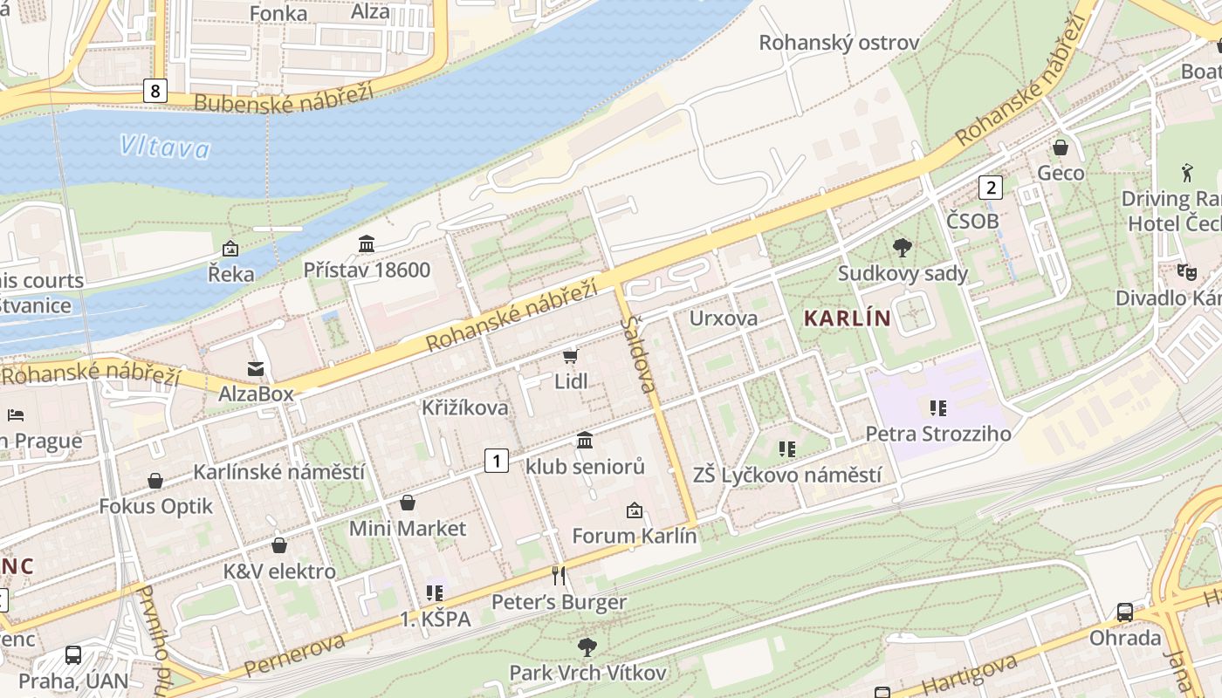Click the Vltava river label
tap(165, 147)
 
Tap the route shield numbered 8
tap(154, 91)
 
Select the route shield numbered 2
tap(989, 187)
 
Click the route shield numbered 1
tap(496, 461)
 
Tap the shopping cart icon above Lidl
tap(571, 356)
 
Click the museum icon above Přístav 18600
tap(367, 244)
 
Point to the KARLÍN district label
tap(847, 318)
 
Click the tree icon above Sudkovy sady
tap(903, 248)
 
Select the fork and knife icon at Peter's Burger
tap(559, 576)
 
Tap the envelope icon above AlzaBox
tap(256, 368)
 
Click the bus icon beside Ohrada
tap(1125, 612)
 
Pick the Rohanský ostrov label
tap(839, 43)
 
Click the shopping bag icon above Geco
tap(1061, 147)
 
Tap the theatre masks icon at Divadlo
tap(1185, 272)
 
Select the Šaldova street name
tap(640, 354)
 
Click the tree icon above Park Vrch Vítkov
tap(587, 647)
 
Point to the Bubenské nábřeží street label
tap(283, 97)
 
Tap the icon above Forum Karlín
tap(635, 510)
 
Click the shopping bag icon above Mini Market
tap(408, 503)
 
